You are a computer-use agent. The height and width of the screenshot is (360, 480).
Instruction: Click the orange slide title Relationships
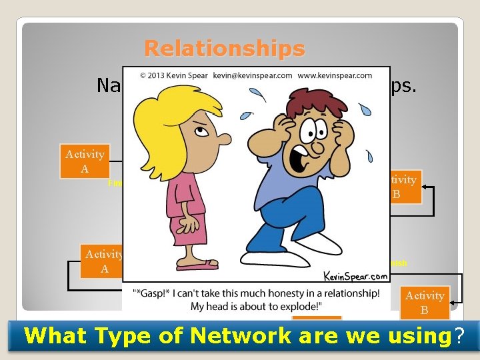tap(224, 49)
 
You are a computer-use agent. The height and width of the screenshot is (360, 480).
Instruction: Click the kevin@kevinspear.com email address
tap(252, 76)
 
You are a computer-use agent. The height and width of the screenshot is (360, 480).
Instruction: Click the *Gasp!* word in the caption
tap(151, 293)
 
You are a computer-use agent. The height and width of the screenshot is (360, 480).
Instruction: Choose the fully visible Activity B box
tap(424, 303)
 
